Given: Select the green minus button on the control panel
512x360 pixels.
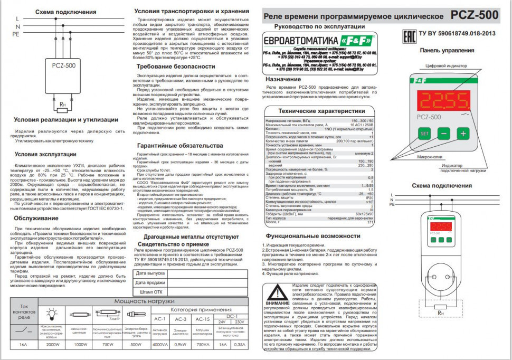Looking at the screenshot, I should click(443, 134).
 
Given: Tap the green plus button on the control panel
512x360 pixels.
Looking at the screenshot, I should click(463, 134).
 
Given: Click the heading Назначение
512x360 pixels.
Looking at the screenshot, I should click(287, 79).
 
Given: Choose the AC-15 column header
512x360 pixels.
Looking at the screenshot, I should click(203, 319).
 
